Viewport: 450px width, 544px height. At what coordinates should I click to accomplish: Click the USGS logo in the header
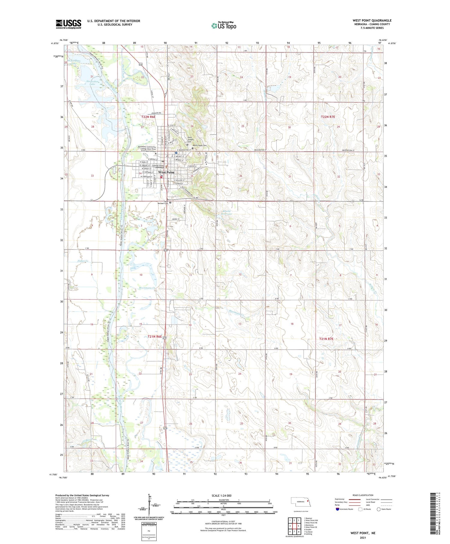(x=68, y=24)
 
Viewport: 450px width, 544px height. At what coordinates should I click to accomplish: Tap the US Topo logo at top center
(x=224, y=26)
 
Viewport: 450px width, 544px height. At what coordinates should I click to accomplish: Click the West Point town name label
(x=166, y=172)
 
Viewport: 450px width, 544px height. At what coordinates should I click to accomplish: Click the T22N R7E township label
(x=328, y=117)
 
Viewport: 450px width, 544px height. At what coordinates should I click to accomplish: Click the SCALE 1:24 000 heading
(x=221, y=495)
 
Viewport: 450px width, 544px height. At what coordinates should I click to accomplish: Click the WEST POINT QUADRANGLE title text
(x=372, y=20)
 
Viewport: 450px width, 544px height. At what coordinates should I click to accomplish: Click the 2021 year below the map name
(x=363, y=538)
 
